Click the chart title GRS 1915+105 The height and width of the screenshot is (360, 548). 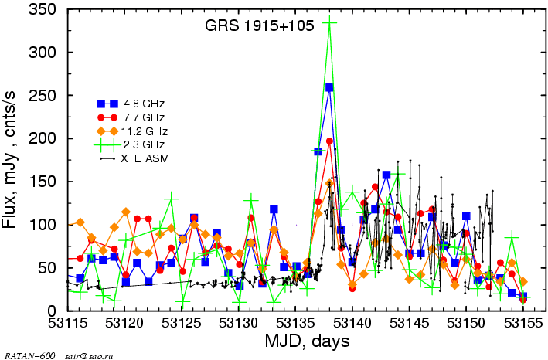(x=259, y=26)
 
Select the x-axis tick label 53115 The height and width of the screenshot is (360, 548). (x=69, y=323)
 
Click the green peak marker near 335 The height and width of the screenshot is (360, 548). (x=329, y=22)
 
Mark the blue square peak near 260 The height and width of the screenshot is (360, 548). (x=329, y=87)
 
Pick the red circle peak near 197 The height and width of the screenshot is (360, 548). (x=329, y=141)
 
